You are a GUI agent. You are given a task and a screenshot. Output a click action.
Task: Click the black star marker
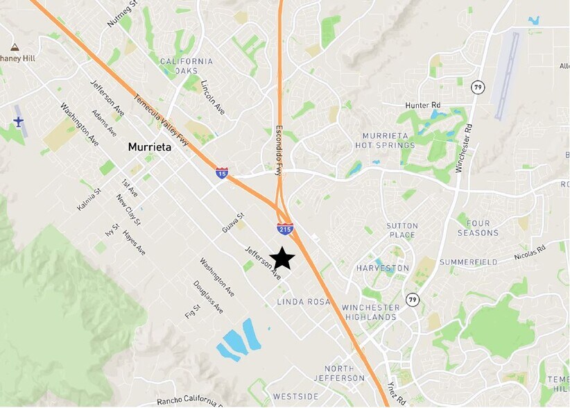point(282,258)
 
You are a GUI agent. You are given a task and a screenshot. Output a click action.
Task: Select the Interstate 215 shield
point(286,228)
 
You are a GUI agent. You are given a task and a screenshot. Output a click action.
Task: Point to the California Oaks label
point(187,66)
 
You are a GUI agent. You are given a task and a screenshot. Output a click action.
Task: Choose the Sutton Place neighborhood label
point(402,230)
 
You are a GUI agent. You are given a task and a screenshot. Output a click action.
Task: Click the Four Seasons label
point(478,228)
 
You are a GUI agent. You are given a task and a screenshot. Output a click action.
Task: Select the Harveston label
point(383,268)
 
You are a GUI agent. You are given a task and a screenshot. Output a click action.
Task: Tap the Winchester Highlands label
point(371,312)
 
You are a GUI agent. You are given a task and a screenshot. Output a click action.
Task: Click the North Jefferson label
point(338,373)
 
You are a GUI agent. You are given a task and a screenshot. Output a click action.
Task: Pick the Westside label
point(295,396)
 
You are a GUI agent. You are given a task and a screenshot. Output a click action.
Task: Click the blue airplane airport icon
point(18,122)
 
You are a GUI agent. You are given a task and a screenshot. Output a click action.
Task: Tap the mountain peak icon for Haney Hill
point(14,47)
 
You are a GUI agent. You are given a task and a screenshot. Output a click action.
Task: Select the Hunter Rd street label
point(423,105)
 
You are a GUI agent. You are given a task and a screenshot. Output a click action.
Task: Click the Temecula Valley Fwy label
point(162,119)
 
